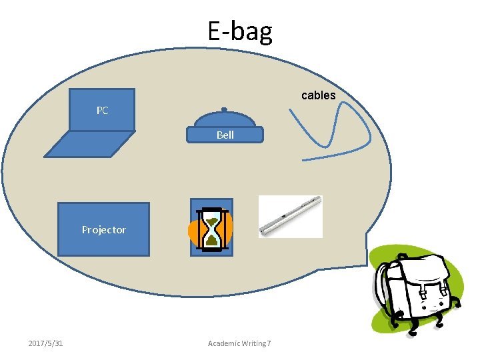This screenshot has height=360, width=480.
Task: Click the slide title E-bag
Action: (x=239, y=31)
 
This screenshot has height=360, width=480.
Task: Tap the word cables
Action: (x=318, y=95)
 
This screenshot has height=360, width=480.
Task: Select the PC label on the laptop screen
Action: (x=102, y=111)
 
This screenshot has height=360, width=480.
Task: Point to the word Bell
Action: (x=225, y=135)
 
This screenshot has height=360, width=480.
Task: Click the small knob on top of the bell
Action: (x=225, y=110)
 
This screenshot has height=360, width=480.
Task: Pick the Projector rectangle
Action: (x=103, y=229)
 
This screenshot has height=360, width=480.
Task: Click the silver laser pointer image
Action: (x=291, y=216)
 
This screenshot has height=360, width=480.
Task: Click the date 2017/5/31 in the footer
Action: (x=46, y=343)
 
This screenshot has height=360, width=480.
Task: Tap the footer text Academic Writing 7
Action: (x=239, y=343)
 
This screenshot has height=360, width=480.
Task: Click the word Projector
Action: (x=103, y=230)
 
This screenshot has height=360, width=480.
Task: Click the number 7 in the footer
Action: (x=269, y=343)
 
